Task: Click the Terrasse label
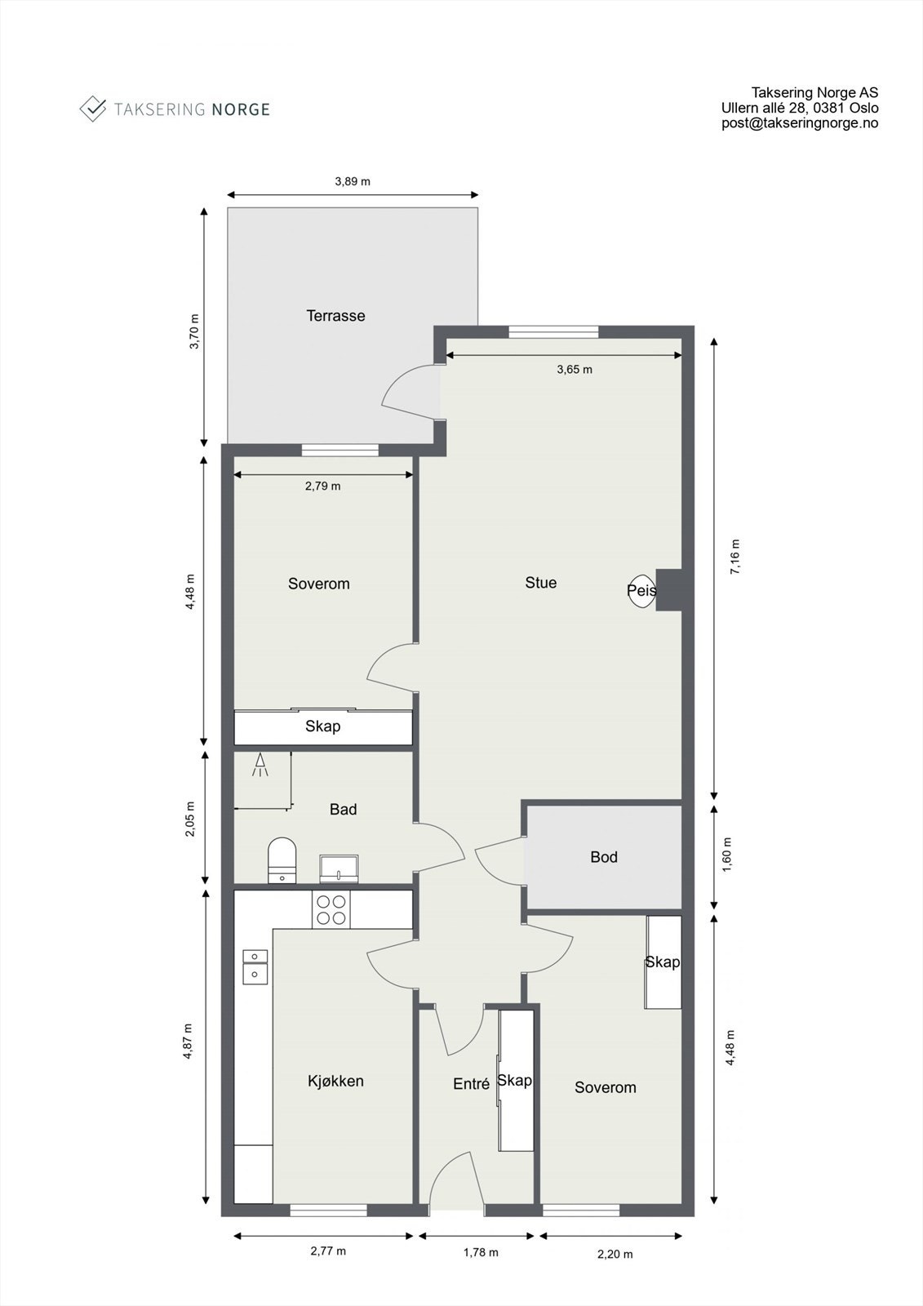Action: [x=335, y=316]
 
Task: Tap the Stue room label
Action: [x=540, y=583]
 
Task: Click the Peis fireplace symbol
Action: [x=641, y=590]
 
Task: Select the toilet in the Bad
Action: [x=282, y=860]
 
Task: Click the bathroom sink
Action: [x=339, y=868]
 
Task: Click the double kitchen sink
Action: [x=255, y=965]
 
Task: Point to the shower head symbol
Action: [x=260, y=765]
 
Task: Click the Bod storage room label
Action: [x=604, y=857]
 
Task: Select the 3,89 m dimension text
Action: [x=353, y=181]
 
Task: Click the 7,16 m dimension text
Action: [x=734, y=557]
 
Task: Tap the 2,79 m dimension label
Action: [x=322, y=486]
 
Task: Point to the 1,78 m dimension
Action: [x=481, y=1252]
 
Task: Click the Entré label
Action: [x=471, y=1084]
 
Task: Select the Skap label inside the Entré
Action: [x=515, y=1081]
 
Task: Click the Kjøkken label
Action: [x=335, y=1082]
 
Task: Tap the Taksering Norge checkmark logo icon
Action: [x=93, y=109]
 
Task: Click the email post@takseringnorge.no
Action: [x=799, y=123]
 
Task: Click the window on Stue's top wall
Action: [x=552, y=331]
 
